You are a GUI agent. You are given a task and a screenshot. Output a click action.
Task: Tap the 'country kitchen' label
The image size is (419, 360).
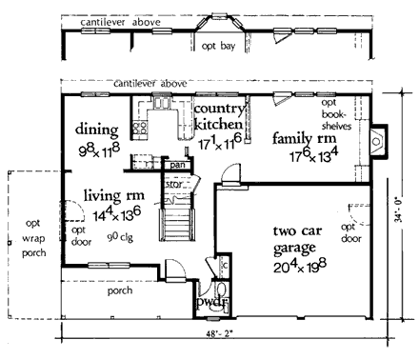tap(220, 116)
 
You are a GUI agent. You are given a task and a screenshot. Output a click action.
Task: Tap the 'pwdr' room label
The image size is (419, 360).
tap(209, 303)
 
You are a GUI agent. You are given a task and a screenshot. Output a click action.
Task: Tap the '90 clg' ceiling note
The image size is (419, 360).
tap(119, 235)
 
